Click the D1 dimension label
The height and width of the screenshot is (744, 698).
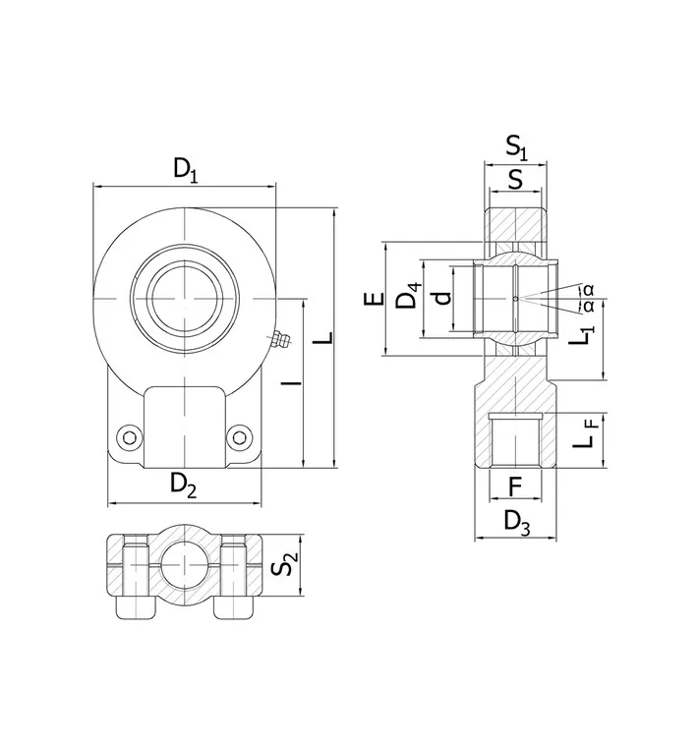pyautogui.click(x=185, y=170)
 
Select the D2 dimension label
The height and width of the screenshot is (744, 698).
pyautogui.click(x=183, y=486)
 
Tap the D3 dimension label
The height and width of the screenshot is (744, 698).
pyautogui.click(x=517, y=523)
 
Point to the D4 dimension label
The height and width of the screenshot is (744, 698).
pyautogui.click(x=409, y=295)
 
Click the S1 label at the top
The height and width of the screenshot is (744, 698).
pyautogui.click(x=516, y=147)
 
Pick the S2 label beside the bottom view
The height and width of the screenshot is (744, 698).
pyautogui.click(x=285, y=563)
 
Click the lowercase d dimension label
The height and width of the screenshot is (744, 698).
pyautogui.click(x=442, y=298)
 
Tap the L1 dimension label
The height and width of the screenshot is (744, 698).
pyautogui.click(x=582, y=335)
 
